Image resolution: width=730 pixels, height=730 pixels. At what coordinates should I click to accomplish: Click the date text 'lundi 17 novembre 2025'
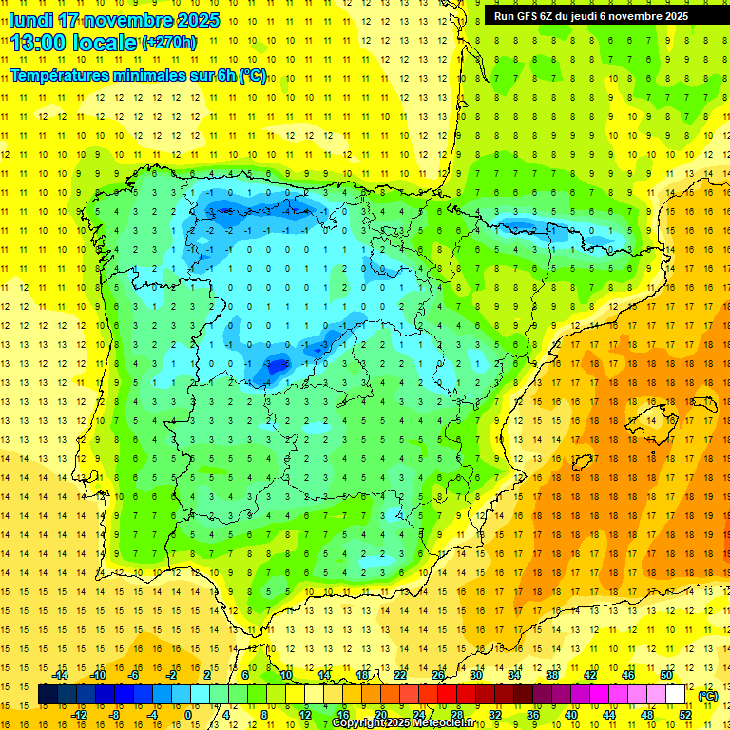pyautogui.click(x=114, y=20)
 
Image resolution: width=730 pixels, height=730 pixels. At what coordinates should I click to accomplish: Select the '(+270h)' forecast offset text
pyautogui.click(x=169, y=42)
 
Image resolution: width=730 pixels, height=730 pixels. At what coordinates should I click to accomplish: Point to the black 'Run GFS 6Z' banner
pyautogui.click(x=599, y=15)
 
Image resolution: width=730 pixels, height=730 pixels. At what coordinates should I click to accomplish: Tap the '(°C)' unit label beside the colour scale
pyautogui.click(x=707, y=696)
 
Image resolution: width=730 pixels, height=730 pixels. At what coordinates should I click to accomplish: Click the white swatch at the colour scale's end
pyautogui.click(x=676, y=696)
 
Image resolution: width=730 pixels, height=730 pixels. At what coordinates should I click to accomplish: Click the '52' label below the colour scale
pyautogui.click(x=685, y=715)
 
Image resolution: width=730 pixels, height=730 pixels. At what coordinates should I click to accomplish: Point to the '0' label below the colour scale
pyautogui.click(x=189, y=715)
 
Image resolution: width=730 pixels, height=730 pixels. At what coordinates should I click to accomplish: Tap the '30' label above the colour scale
pyautogui.click(x=476, y=675)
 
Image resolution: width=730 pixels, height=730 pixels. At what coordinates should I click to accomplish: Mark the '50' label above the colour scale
pyautogui.click(x=666, y=675)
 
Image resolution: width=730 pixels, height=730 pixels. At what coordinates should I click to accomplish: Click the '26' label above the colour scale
pyautogui.click(x=438, y=675)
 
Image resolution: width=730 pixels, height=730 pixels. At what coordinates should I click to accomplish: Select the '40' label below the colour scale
pyautogui.click(x=571, y=715)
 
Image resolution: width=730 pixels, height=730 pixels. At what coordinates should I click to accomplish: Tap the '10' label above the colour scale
pyautogui.click(x=286, y=675)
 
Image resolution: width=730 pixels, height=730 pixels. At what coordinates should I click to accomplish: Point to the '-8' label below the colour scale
pyautogui.click(x=116, y=715)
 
